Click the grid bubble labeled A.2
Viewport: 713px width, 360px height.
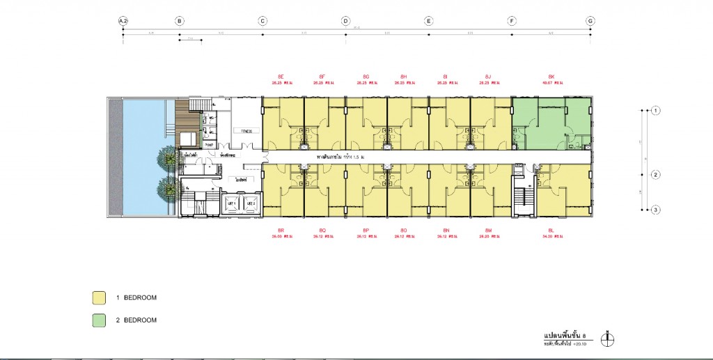coord(123,22)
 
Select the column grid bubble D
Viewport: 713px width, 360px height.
coord(345,22)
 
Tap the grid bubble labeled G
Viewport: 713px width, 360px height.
coord(590,22)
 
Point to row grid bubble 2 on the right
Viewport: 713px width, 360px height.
coord(655,175)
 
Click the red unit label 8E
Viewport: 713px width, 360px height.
coord(281,76)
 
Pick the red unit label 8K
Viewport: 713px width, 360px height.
coord(551,76)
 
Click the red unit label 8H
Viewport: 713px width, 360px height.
coord(404,76)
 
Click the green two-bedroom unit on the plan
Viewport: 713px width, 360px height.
coord(550,122)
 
